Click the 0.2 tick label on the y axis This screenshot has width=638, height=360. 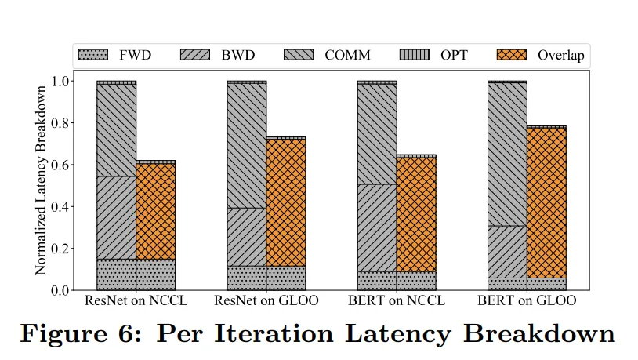pyautogui.click(x=60, y=249)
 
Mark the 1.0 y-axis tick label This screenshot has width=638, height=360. pyautogui.click(x=60, y=81)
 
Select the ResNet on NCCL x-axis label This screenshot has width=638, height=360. pyautogui.click(x=136, y=302)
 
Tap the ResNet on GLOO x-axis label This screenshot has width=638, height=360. pyautogui.click(x=266, y=302)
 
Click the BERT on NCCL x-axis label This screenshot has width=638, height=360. pyautogui.click(x=396, y=302)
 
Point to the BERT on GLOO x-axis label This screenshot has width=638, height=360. pyautogui.click(x=527, y=302)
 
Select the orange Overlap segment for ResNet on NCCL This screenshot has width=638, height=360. pyautogui.click(x=155, y=211)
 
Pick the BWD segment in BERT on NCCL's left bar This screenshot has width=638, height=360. pyautogui.click(x=376, y=227)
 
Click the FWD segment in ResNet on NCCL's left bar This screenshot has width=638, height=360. pyautogui.click(x=116, y=275)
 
